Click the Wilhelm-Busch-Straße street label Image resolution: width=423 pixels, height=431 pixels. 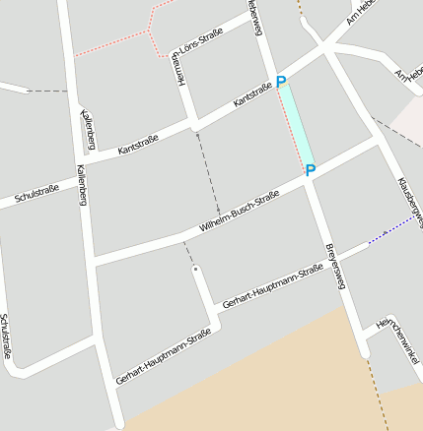[x=239, y=212]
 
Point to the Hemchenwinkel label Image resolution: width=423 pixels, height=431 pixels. [x=400, y=339]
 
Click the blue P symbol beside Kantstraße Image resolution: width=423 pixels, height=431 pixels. [x=281, y=83]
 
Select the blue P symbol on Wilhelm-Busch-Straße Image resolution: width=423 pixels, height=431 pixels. [x=310, y=171]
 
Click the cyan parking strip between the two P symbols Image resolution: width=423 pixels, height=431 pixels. [x=298, y=126]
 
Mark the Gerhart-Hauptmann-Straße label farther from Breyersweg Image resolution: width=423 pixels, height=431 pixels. [x=164, y=356]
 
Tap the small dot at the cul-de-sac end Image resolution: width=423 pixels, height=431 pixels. [x=195, y=269]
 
